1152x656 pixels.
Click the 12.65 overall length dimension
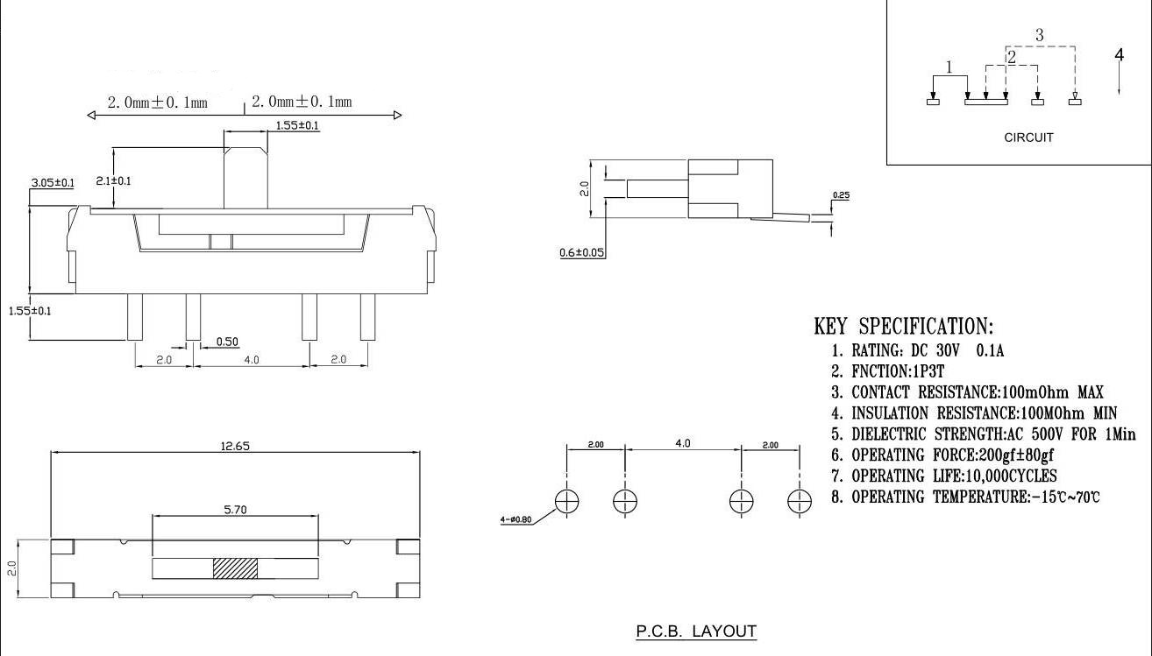(x=235, y=446)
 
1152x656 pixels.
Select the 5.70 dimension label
(x=235, y=510)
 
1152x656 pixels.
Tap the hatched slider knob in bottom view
(x=236, y=568)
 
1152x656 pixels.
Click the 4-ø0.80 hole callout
(x=516, y=520)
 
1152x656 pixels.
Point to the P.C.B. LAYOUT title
(x=696, y=631)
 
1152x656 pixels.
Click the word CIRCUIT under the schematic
(x=1028, y=138)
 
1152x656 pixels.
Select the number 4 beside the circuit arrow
(x=1119, y=54)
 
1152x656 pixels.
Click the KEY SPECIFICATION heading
(x=904, y=327)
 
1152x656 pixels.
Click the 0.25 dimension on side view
(x=841, y=195)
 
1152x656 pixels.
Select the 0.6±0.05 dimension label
(x=582, y=253)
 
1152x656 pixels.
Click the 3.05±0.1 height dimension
(x=53, y=182)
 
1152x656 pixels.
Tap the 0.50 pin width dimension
(x=227, y=342)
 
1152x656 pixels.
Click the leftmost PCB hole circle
(x=567, y=501)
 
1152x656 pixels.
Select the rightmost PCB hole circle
(x=799, y=501)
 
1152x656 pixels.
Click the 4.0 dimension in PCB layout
(x=682, y=443)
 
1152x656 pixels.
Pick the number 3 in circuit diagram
(x=1039, y=35)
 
